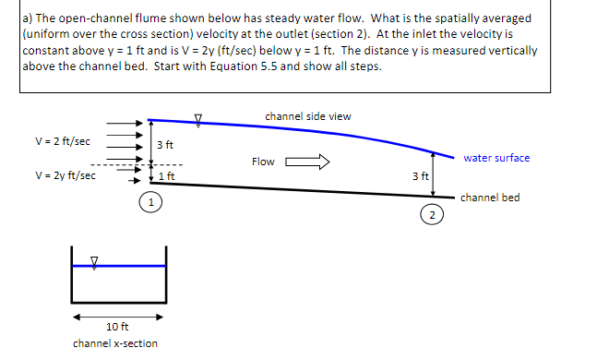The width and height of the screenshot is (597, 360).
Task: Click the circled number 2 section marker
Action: pyautogui.click(x=430, y=215)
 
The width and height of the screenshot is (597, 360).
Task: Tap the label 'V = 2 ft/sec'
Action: pyautogui.click(x=62, y=141)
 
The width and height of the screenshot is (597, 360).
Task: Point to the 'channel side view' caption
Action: pyautogui.click(x=307, y=116)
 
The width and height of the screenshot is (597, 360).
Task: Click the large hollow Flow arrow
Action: pyautogui.click(x=308, y=162)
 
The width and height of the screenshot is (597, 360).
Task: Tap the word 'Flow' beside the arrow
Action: pyautogui.click(x=263, y=162)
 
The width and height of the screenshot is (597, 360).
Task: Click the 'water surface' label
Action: pyautogui.click(x=496, y=158)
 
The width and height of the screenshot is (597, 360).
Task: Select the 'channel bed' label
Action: pyautogui.click(x=490, y=198)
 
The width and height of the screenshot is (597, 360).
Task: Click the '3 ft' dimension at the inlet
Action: pyautogui.click(x=165, y=145)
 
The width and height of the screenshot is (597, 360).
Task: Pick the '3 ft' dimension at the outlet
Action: pyautogui.click(x=420, y=175)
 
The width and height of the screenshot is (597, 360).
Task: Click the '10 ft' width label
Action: pyautogui.click(x=117, y=327)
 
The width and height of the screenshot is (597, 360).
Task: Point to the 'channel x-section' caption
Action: pyautogui.click(x=115, y=343)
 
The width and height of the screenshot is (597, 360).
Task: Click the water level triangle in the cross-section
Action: pyautogui.click(x=94, y=259)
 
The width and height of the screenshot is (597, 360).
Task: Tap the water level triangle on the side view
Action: pyautogui.click(x=197, y=117)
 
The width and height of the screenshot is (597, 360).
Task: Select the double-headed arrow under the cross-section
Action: pyautogui.click(x=119, y=315)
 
